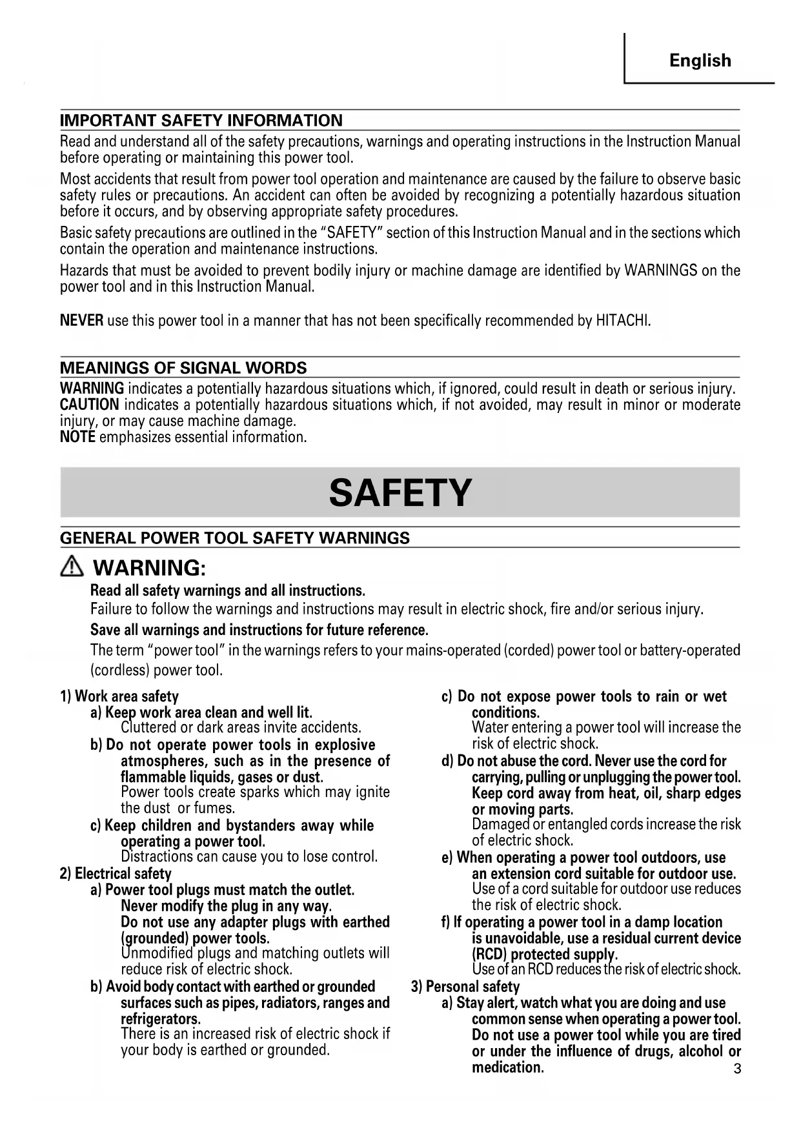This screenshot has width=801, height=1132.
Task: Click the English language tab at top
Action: [700, 61]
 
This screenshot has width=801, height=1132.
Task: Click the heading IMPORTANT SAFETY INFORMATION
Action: [201, 121]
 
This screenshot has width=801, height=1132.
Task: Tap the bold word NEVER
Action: [81, 321]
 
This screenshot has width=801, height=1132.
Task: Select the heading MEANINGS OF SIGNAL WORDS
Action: [183, 368]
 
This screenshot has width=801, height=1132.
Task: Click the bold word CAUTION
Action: [89, 405]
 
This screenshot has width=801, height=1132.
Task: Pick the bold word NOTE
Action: [77, 437]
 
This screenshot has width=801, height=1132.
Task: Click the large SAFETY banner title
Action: [400, 493]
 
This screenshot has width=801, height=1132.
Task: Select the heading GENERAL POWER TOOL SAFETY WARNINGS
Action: [235, 538]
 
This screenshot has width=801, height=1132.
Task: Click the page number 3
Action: [737, 1069]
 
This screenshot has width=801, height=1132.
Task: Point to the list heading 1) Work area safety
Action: [119, 696]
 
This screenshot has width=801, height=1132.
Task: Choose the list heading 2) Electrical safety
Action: [116, 874]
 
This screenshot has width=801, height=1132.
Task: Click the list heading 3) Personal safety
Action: [465, 987]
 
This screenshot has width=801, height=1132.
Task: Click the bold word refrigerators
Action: [161, 1019]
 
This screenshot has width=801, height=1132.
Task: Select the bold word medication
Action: [508, 1067]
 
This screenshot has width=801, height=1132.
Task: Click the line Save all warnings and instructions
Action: [259, 630]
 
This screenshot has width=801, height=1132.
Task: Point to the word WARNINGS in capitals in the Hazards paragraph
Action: [660, 270]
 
